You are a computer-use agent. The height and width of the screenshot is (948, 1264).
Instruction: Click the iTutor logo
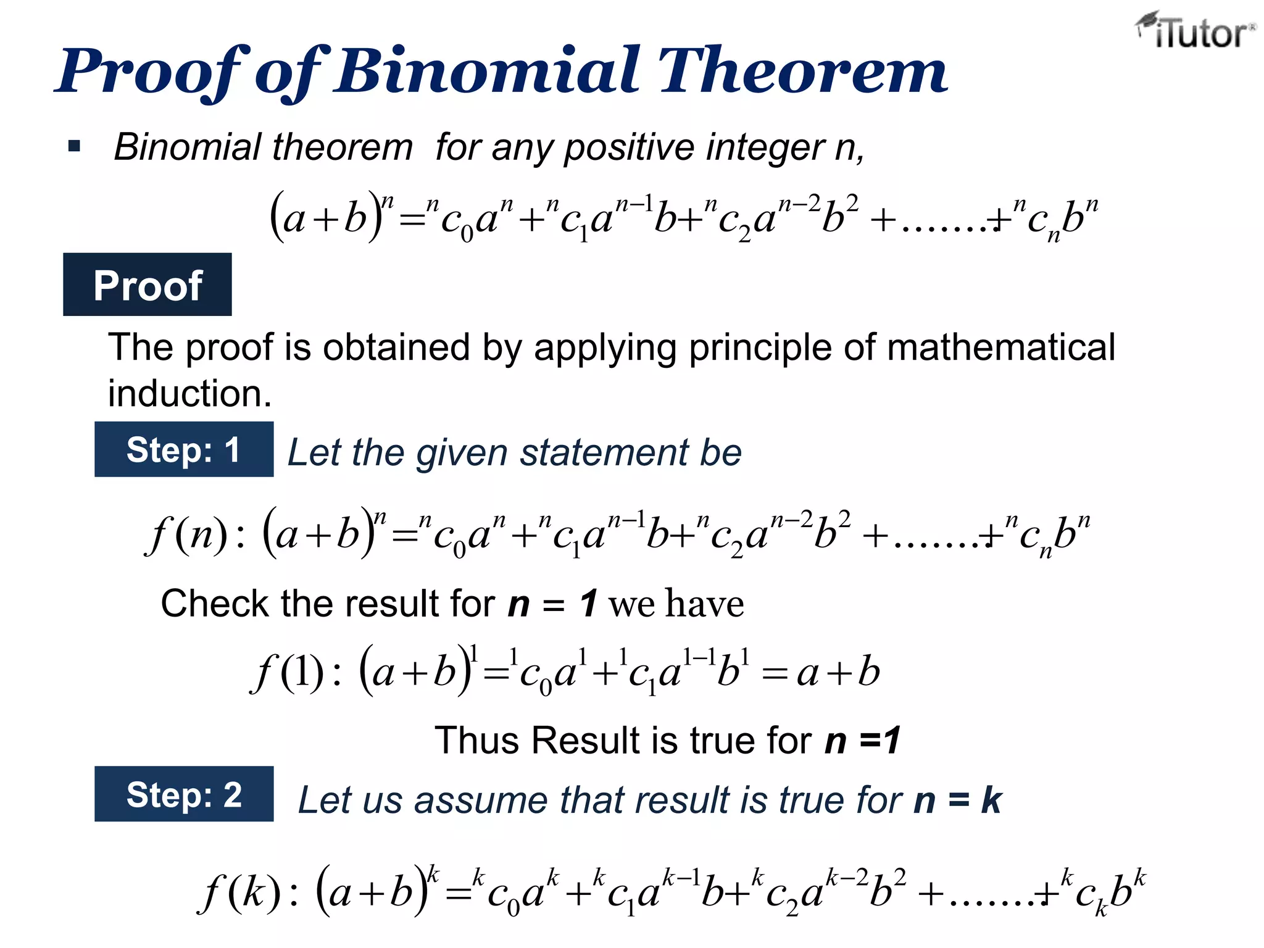tap(1195, 31)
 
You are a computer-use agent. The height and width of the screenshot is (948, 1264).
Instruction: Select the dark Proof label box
tap(148, 285)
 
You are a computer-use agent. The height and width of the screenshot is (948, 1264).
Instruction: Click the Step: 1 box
tap(184, 449)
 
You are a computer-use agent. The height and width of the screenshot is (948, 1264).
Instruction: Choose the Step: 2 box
tap(184, 794)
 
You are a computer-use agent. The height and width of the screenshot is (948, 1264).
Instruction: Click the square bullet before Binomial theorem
tap(75, 146)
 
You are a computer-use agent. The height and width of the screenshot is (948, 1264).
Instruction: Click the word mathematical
tap(1000, 347)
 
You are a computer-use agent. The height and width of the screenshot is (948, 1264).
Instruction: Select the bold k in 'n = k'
tap(991, 800)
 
